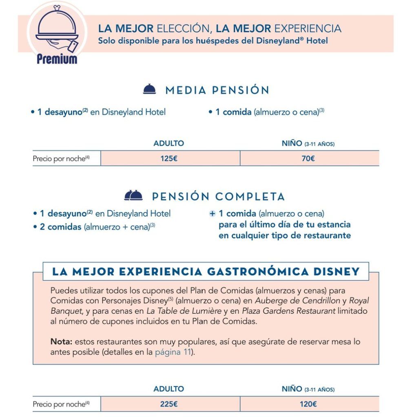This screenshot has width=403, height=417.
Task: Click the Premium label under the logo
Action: click(57, 59)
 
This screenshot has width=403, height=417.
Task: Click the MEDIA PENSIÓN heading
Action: click(217, 90)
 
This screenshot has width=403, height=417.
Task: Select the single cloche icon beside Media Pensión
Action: click(150, 89)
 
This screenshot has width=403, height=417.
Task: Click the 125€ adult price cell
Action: click(169, 158)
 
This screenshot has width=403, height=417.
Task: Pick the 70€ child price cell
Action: click(308, 158)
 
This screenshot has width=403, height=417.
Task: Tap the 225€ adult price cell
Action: click(169, 404)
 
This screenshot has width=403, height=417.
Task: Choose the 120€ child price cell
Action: click(308, 404)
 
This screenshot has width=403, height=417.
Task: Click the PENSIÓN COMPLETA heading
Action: click(218, 197)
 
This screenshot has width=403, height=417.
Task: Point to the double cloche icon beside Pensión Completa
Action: click(133, 196)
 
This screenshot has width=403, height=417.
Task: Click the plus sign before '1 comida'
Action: click(212, 213)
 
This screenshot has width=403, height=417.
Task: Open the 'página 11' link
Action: click(173, 352)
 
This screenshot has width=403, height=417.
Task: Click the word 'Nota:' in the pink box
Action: click(61, 342)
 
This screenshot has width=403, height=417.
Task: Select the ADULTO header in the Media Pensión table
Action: click(168, 143)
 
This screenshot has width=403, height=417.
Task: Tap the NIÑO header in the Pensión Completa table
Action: click(308, 389)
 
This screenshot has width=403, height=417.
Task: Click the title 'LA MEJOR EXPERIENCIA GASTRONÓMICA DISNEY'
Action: click(206, 272)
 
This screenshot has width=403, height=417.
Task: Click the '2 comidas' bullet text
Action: click(60, 227)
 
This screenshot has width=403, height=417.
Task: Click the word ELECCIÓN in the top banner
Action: click(183, 29)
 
